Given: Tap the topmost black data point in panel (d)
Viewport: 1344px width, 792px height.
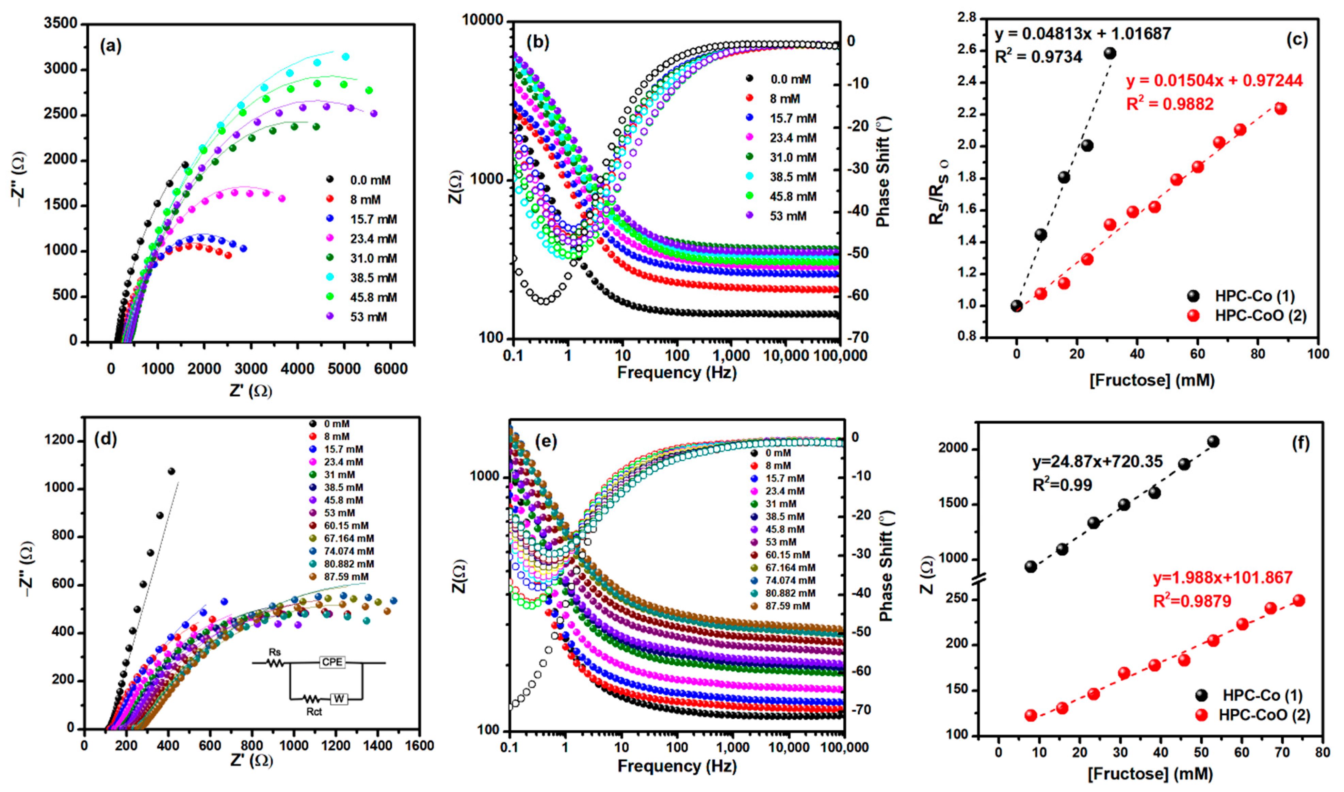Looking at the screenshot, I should coord(171,471).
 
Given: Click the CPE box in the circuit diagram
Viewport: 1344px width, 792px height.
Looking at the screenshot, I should coord(332,662).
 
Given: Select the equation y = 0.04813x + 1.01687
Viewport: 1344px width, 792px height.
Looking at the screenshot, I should coord(1083,34).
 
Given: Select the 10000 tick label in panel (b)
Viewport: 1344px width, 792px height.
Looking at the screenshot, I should coord(482,20).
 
